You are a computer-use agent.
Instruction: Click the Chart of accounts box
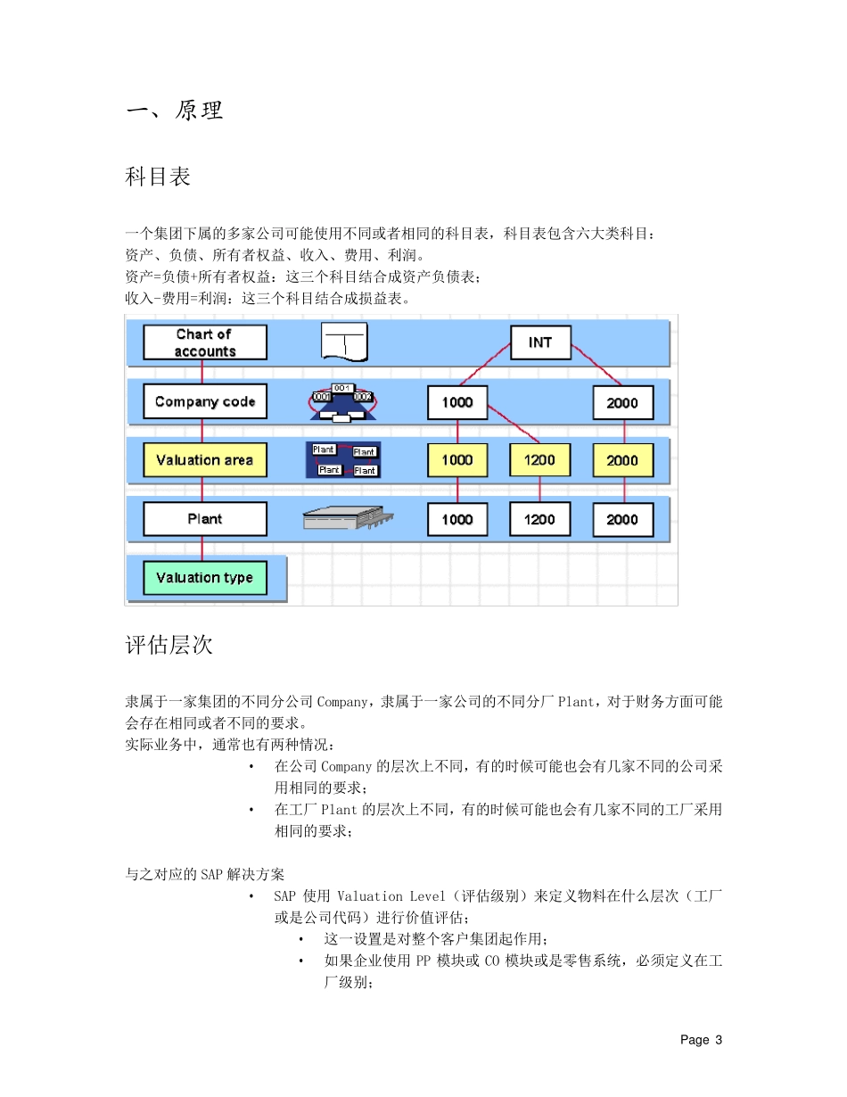click(x=205, y=342)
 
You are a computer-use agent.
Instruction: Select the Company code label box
click(x=205, y=401)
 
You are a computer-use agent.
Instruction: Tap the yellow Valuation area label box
click(x=205, y=460)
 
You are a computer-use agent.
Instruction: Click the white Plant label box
click(x=205, y=519)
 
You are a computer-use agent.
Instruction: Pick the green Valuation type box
click(x=205, y=578)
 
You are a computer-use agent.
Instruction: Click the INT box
click(x=540, y=342)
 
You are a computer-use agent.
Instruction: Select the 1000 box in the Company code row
click(x=457, y=402)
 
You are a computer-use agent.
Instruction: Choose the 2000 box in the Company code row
click(x=622, y=402)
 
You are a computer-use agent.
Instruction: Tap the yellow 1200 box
click(x=539, y=460)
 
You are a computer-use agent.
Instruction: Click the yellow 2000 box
click(x=622, y=460)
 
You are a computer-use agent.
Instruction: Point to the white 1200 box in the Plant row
click(x=539, y=519)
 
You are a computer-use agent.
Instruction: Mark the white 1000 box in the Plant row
click(x=457, y=519)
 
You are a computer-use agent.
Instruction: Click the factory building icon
click(x=348, y=519)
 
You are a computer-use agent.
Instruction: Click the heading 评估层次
click(x=169, y=645)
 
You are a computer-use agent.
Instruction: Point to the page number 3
click(x=718, y=1040)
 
